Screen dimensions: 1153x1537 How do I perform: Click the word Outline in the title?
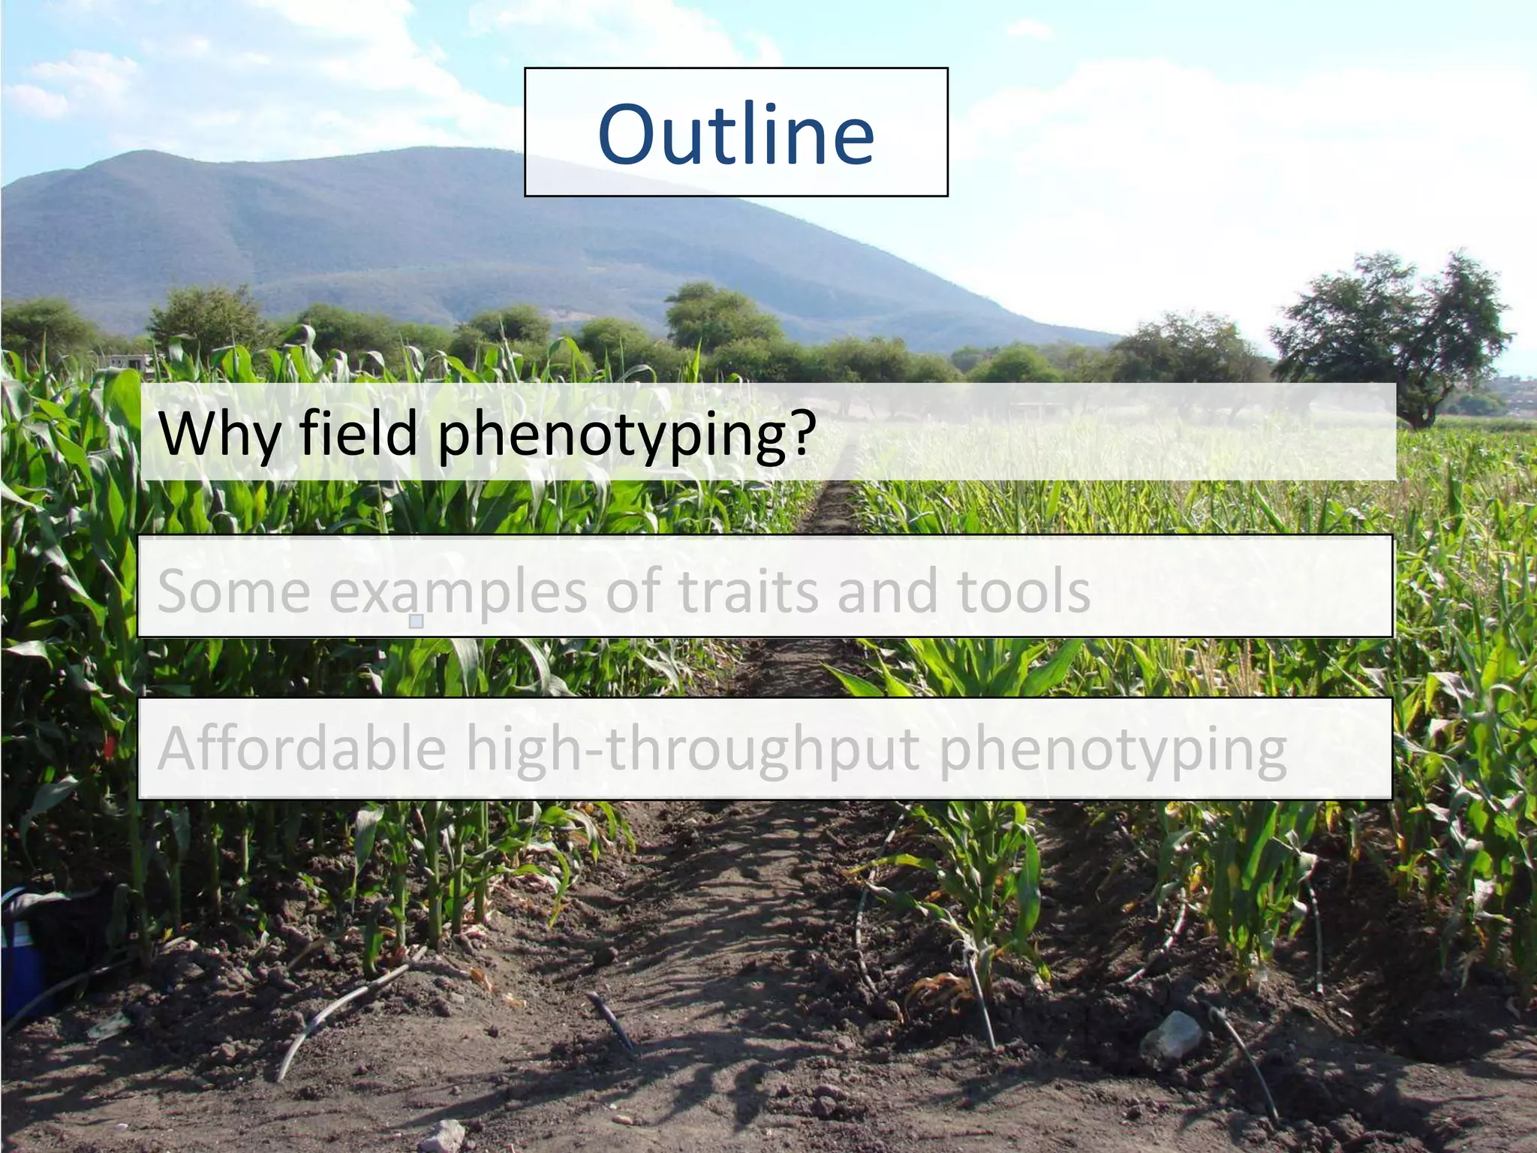(x=735, y=135)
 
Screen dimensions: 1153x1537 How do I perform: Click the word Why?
(x=218, y=434)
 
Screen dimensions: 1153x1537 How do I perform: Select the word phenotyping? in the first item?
(x=627, y=435)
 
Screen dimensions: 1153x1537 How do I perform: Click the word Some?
(x=233, y=592)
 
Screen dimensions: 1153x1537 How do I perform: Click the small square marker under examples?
(x=417, y=621)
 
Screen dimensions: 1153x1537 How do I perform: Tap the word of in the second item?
(x=633, y=592)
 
